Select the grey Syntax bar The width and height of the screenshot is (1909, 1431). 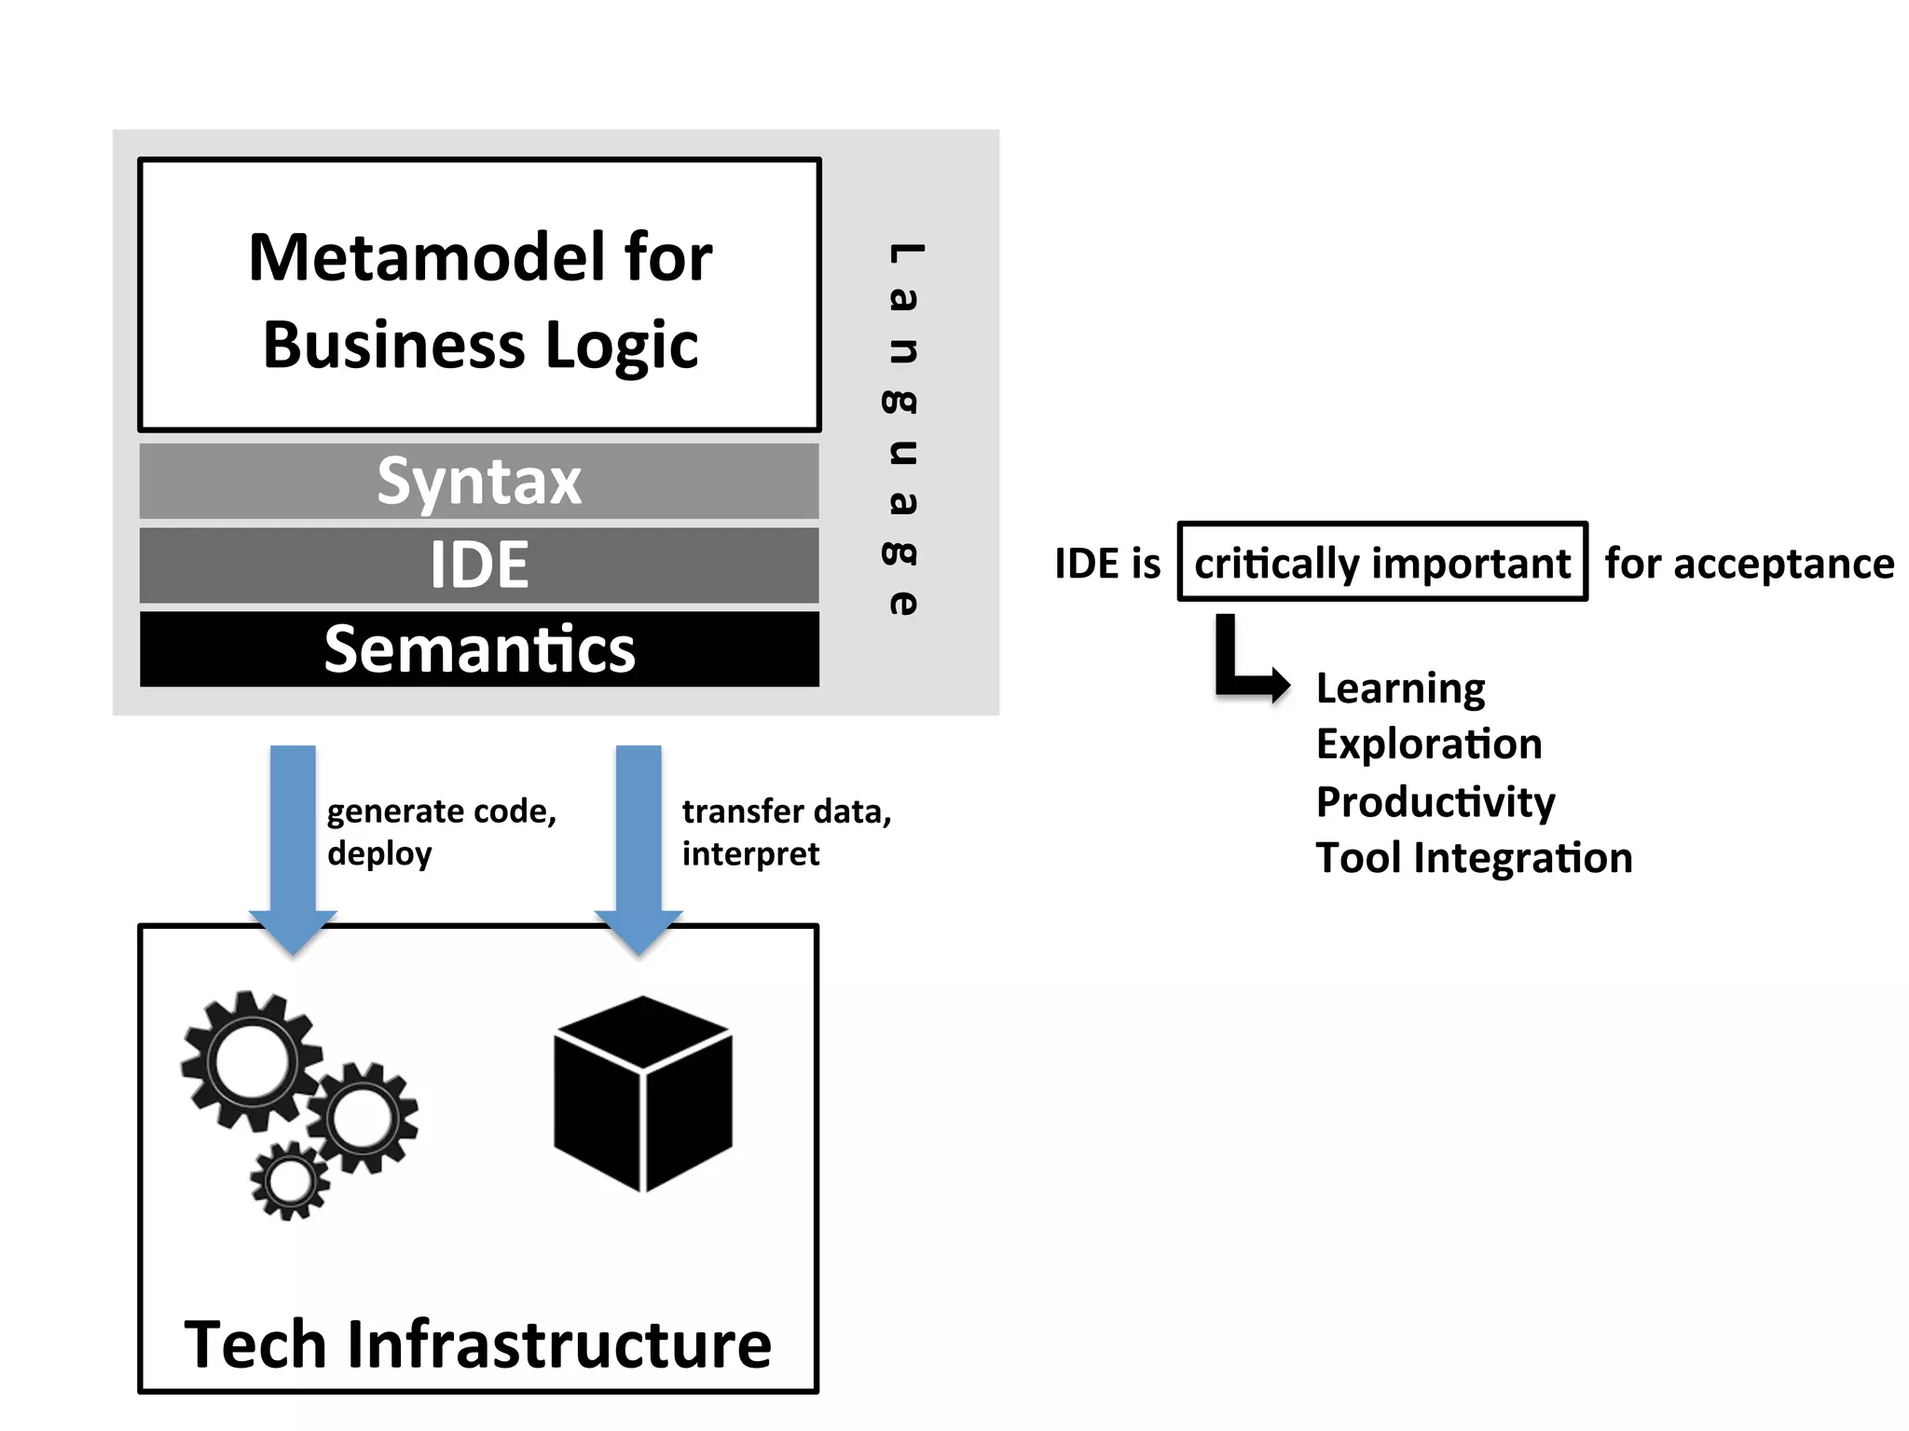click(479, 482)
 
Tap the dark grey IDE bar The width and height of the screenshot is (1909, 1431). click(479, 566)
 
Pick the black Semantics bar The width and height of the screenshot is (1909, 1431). click(479, 649)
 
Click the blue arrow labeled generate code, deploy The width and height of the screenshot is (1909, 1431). click(293, 838)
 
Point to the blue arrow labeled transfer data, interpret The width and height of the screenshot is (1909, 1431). click(639, 838)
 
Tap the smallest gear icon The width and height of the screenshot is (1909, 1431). click(290, 1181)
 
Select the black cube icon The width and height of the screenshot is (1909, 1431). click(643, 1095)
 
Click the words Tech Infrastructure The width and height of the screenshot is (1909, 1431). click(478, 1344)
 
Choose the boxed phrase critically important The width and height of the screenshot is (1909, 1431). click(1381, 563)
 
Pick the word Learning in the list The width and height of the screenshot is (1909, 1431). click(1400, 688)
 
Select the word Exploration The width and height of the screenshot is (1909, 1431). click(1429, 744)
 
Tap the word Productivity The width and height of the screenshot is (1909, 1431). click(1435, 802)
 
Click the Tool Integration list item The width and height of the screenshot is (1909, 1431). click(1474, 858)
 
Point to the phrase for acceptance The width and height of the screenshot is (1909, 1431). click(1749, 564)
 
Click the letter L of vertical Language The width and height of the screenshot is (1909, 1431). click(903, 252)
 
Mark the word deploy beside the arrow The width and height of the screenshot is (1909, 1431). click(379, 854)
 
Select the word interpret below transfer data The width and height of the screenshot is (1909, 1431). click(750, 854)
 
